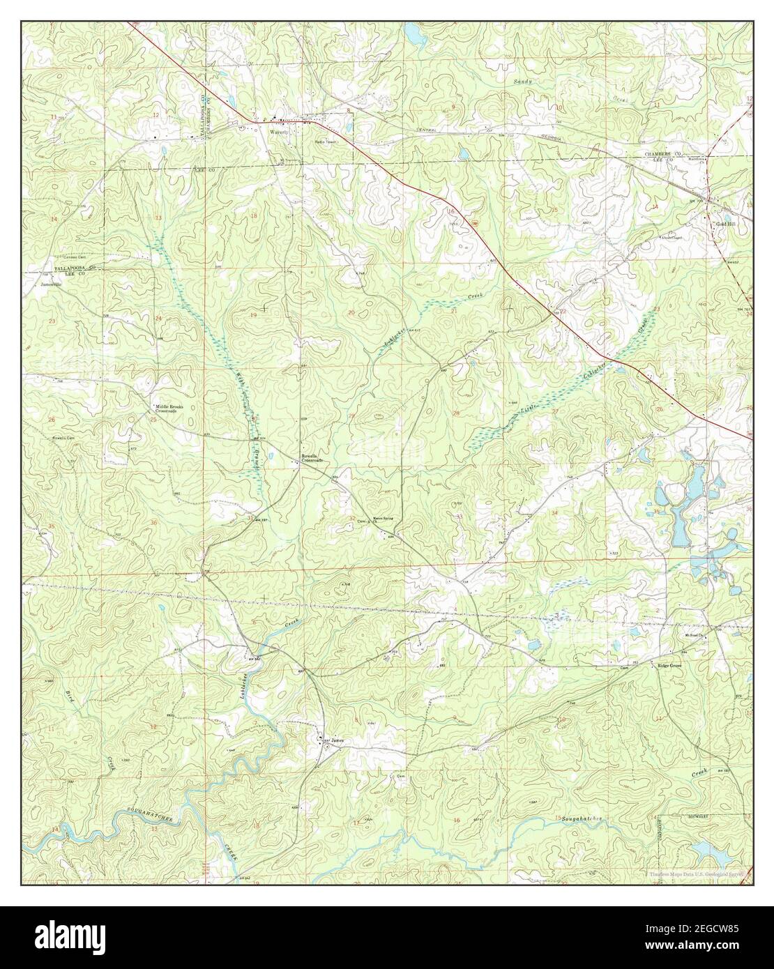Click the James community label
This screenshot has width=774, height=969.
pyautogui.click(x=337, y=740)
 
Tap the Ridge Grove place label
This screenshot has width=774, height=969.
pyautogui.click(x=669, y=666)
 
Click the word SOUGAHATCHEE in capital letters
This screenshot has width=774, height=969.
pyautogui.click(x=149, y=811)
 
